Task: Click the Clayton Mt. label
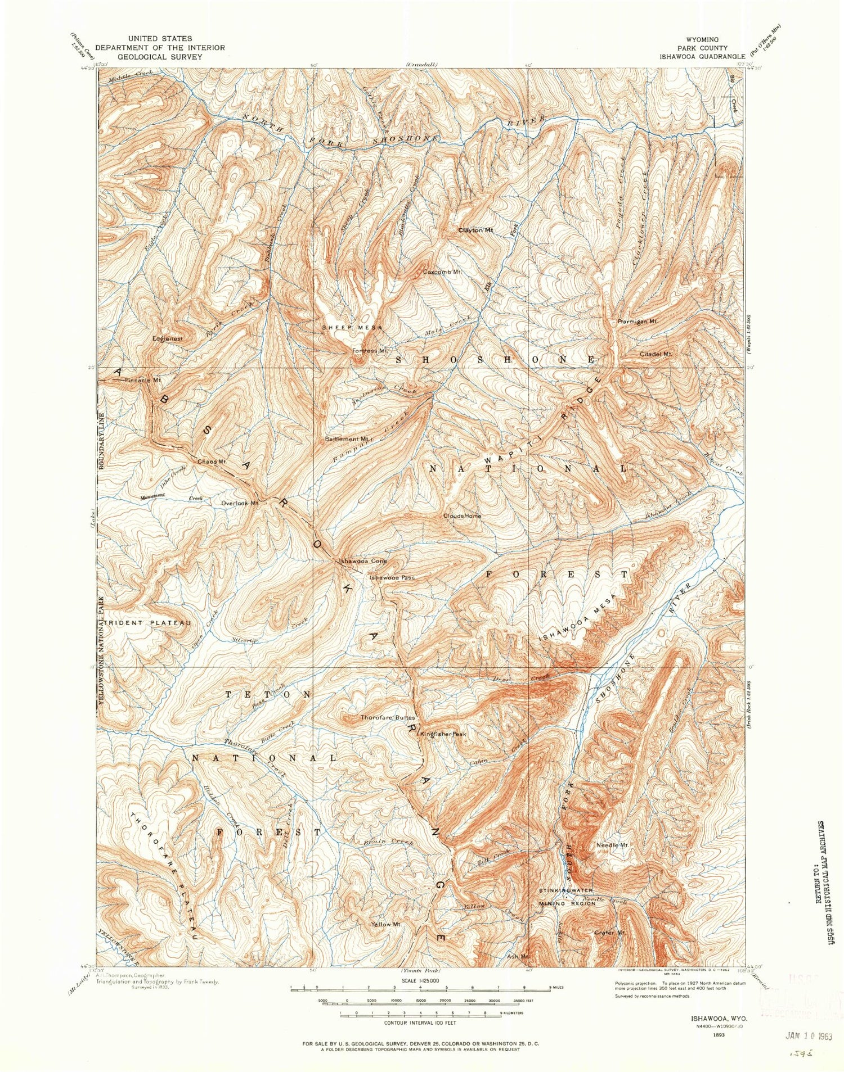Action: pyautogui.click(x=475, y=230)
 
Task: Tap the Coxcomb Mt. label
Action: pyautogui.click(x=442, y=272)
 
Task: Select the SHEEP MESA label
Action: pyautogui.click(x=352, y=328)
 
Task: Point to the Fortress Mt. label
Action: pyautogui.click(x=370, y=351)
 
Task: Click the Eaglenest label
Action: pyautogui.click(x=168, y=339)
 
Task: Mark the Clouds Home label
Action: pyautogui.click(x=462, y=515)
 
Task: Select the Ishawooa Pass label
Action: pyautogui.click(x=392, y=577)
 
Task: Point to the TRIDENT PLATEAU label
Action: pyautogui.click(x=148, y=623)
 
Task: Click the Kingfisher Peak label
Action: pyautogui.click(x=443, y=734)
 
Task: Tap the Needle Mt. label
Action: pyautogui.click(x=612, y=845)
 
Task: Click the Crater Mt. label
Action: pyautogui.click(x=610, y=933)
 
